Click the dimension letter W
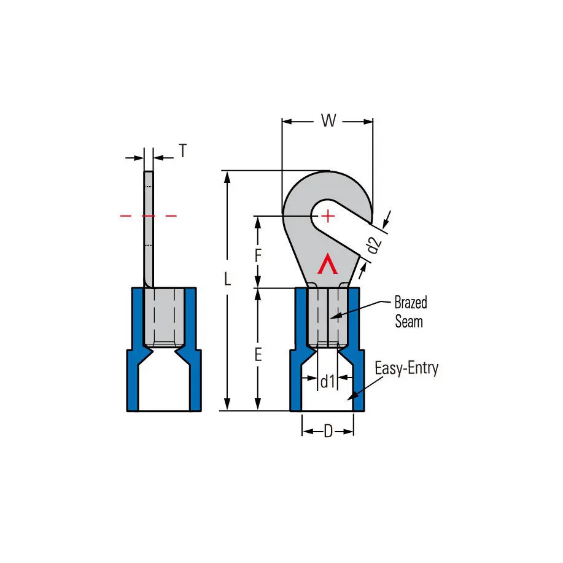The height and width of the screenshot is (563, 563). coord(328,120)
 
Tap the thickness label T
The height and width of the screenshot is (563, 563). coord(183,151)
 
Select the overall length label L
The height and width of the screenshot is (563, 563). coord(227,279)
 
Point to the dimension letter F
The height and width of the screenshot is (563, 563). coord(258,256)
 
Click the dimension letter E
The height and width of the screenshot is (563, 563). coord(258,355)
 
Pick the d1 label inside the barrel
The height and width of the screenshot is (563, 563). coord(327,381)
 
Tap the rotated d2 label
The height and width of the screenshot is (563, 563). coord(374,245)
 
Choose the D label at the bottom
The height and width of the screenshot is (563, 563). coord(328,431)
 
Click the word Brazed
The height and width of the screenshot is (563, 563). coord(411,303)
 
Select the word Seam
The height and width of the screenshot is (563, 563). coord(409,322)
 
